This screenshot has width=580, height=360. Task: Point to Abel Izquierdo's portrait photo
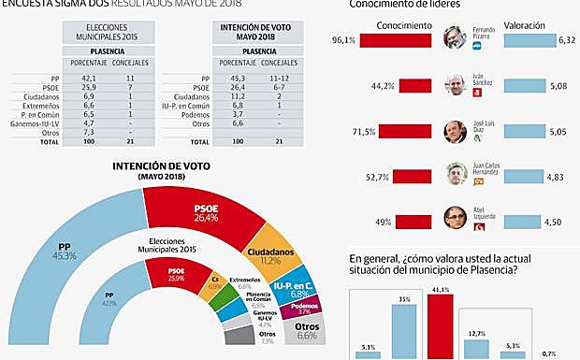454,218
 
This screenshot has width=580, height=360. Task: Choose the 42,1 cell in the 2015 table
90,79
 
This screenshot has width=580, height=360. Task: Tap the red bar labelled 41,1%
440,327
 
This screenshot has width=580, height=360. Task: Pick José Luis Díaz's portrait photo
454,131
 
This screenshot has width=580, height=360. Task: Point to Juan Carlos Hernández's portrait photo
454,175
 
